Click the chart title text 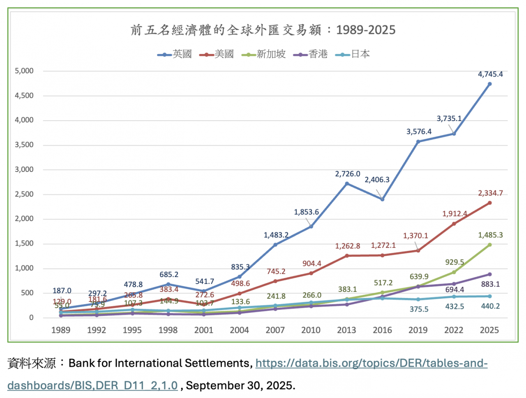[263, 30]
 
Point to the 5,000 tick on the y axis [24, 71]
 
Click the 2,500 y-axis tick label [24, 194]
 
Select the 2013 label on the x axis [346, 330]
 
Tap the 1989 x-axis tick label [61, 330]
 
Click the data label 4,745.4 [490, 74]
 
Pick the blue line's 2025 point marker [489, 84]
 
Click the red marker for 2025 [489, 203]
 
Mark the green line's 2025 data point [489, 245]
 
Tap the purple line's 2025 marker [489, 274]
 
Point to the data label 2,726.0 [348, 174]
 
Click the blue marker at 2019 [418, 142]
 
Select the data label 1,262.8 [348, 246]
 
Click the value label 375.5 [419, 309]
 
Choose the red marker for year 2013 [347, 256]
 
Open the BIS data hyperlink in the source [371, 364]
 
